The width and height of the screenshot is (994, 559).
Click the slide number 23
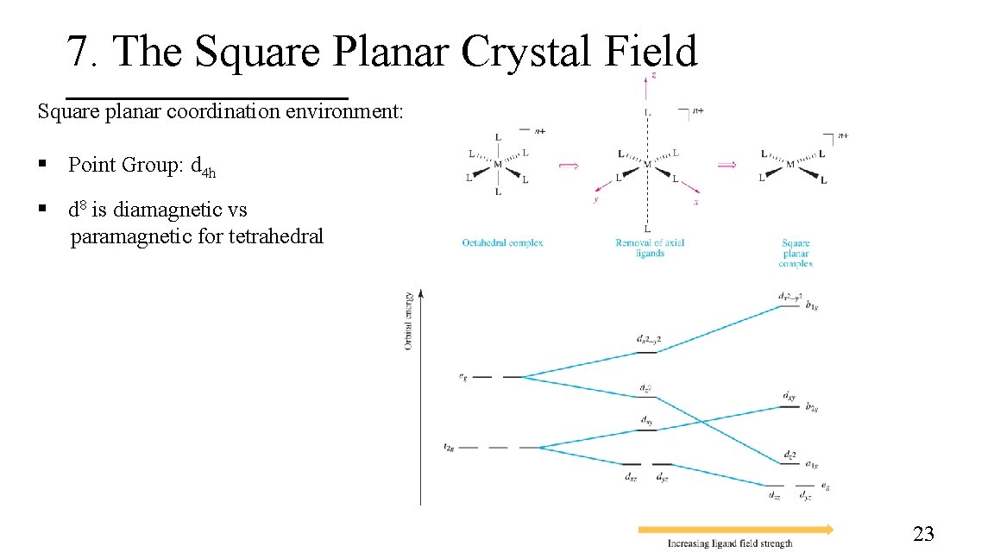pos(923,535)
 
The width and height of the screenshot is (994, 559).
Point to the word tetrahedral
pos(275,236)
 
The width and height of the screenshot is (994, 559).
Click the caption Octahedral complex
pos(502,242)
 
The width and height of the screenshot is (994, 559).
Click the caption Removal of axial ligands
pos(650,248)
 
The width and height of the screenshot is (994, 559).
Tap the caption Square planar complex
pos(795,253)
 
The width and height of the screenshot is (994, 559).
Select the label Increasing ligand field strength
pos(730,543)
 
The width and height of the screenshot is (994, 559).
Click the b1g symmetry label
pos(812,305)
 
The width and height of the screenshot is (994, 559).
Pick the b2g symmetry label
pos(812,406)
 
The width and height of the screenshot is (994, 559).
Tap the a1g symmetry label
pos(812,464)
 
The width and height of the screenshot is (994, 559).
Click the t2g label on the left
pos(450,447)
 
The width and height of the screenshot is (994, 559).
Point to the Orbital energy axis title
pos(408,321)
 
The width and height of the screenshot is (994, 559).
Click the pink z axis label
pos(653,76)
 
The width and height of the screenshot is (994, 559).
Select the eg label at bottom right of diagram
pos(826,487)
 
